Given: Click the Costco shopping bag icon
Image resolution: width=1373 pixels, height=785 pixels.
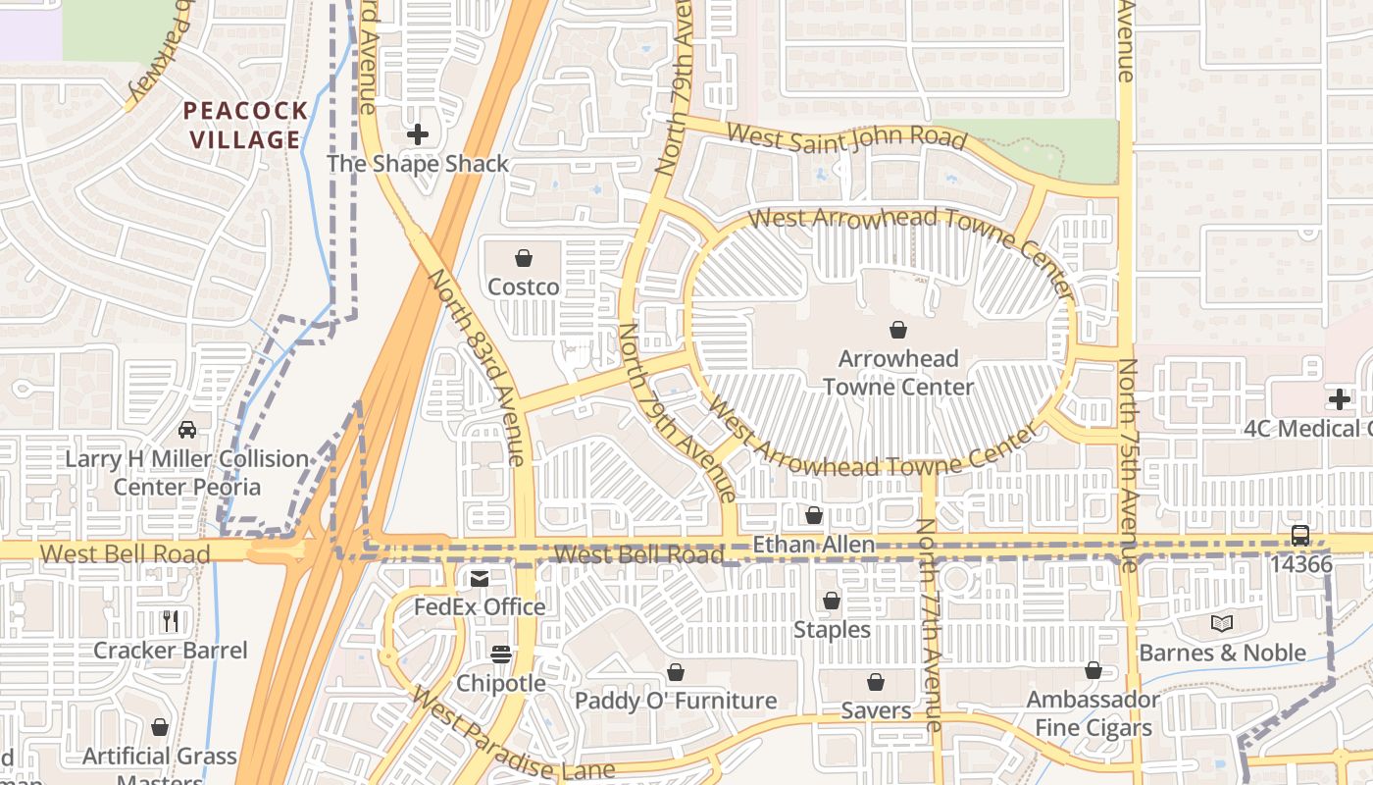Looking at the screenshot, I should [x=524, y=258].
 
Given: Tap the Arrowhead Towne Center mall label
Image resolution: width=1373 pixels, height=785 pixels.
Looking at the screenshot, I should [x=897, y=373].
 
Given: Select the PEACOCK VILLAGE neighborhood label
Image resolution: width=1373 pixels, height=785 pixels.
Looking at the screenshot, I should [x=245, y=125].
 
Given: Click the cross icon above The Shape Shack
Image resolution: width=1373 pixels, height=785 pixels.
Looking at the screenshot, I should [x=418, y=133].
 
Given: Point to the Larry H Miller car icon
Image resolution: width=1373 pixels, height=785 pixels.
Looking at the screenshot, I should [x=186, y=430].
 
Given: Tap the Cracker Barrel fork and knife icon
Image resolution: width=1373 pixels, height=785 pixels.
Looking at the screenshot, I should [x=171, y=620].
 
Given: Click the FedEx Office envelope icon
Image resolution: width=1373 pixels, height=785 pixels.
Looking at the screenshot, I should [x=480, y=578].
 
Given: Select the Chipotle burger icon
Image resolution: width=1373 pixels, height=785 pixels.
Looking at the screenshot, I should [x=501, y=654].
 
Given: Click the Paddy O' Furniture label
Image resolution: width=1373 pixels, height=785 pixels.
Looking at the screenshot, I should [x=676, y=701].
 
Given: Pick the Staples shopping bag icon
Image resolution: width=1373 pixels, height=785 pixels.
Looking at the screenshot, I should [x=832, y=601].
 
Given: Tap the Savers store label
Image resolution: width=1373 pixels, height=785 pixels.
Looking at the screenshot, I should [x=876, y=709].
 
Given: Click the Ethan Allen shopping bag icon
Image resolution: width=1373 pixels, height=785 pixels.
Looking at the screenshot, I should [x=814, y=515].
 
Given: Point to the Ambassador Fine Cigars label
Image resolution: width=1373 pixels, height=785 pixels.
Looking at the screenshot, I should [x=1093, y=713].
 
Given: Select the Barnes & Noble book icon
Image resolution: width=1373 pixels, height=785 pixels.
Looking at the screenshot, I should [x=1222, y=623].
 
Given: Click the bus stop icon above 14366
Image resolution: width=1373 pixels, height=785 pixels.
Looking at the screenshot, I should [x=1300, y=536].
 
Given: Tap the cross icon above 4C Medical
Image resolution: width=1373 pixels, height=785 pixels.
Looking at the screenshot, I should [x=1340, y=399].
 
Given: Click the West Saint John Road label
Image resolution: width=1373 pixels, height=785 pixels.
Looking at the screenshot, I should [x=847, y=137].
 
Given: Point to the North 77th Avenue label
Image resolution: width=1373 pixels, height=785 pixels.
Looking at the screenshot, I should [x=929, y=623].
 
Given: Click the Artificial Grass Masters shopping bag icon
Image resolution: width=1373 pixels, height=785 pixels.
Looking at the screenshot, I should [x=160, y=727].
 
